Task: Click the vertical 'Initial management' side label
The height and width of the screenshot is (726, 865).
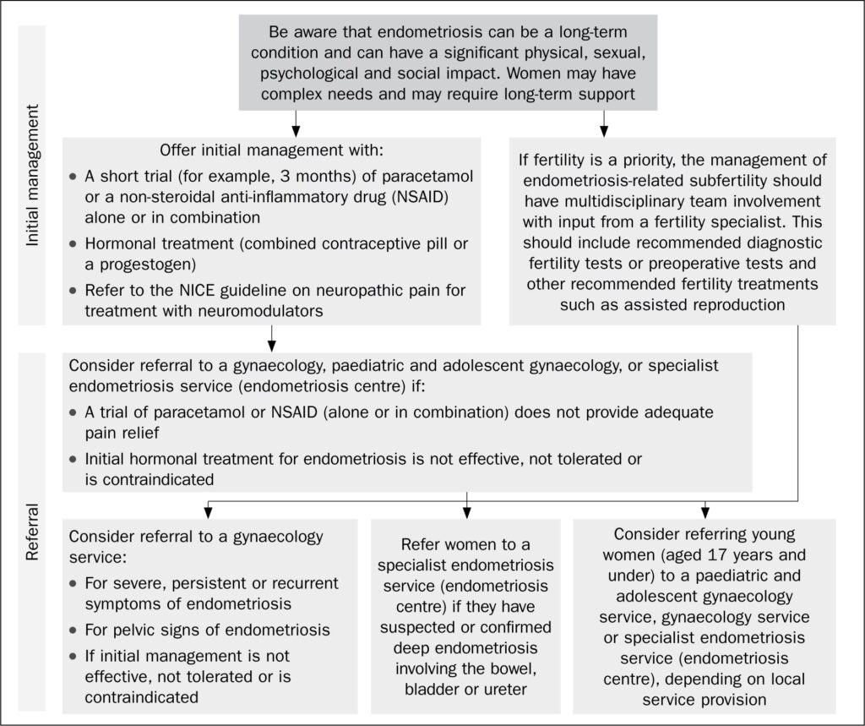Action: pyautogui.click(x=33, y=176)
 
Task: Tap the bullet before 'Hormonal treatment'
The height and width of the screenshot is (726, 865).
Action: pyautogui.click(x=74, y=243)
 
